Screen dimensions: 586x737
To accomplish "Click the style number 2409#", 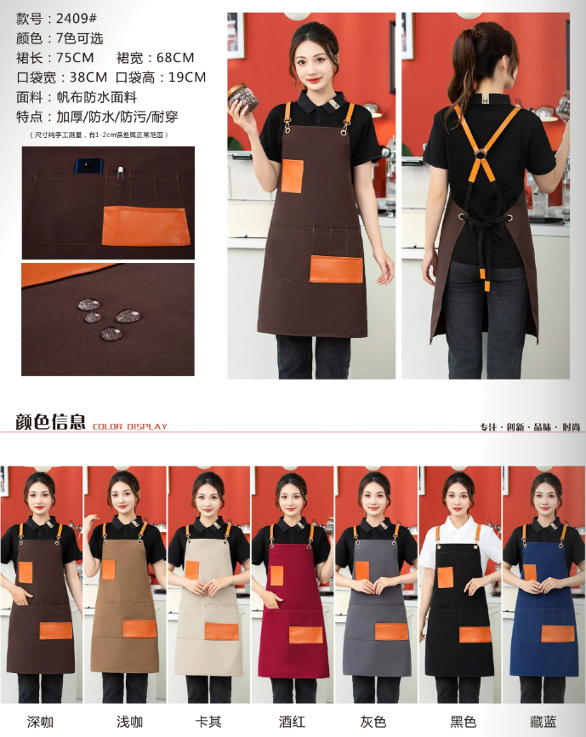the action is (x=76, y=19).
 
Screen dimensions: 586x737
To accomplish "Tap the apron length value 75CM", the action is (x=75, y=58).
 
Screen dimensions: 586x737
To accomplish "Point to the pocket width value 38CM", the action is (x=88, y=77).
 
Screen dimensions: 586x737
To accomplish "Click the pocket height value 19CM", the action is (x=187, y=77).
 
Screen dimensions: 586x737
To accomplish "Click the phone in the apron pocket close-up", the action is (x=89, y=167).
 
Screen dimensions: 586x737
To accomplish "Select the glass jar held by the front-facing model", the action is (x=243, y=98).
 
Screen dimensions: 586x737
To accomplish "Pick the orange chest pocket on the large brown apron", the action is (x=292, y=176).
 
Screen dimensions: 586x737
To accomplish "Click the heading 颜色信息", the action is (x=50, y=421).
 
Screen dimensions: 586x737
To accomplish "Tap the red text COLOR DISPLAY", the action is (x=130, y=426).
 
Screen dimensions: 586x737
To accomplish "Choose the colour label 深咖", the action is (x=40, y=722).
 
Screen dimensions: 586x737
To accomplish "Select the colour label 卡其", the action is (x=208, y=722).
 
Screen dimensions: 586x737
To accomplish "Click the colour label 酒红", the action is (x=292, y=722).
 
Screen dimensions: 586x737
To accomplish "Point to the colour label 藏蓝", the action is (x=543, y=722).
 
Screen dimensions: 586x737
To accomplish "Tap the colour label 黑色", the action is (x=463, y=722).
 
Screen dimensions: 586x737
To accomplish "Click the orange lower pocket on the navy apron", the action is (x=558, y=633).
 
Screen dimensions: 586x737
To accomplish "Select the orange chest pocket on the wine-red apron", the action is (x=276, y=575).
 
